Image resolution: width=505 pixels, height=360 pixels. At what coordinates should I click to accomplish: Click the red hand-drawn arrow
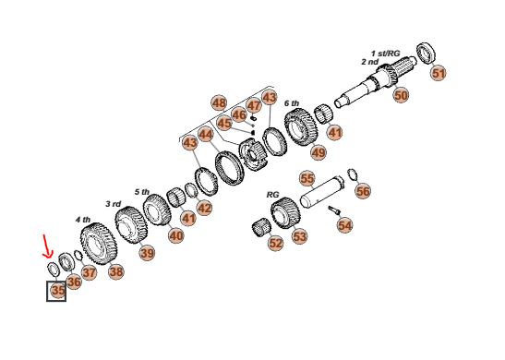click(47, 247)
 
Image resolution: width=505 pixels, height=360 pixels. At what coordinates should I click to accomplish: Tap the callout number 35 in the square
click(58, 291)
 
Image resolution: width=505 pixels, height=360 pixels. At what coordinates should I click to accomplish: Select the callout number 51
click(438, 73)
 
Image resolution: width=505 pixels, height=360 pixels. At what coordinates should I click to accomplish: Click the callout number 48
click(220, 103)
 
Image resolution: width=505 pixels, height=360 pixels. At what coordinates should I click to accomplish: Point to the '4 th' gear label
click(83, 220)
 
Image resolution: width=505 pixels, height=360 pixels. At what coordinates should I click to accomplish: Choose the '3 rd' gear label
click(114, 204)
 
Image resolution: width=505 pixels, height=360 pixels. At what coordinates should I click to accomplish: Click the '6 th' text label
click(292, 103)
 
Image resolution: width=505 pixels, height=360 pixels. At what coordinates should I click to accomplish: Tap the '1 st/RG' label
click(386, 54)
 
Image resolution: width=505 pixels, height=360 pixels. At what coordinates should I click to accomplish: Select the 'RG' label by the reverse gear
click(272, 195)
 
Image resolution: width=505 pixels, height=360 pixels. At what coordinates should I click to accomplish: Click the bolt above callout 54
click(334, 210)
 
